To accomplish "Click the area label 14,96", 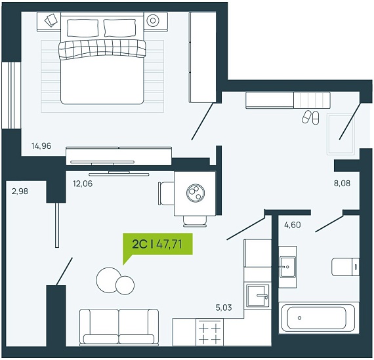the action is [41, 146].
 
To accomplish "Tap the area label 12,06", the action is [83, 184].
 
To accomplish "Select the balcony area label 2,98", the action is [20, 191].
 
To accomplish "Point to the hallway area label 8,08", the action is [342, 184].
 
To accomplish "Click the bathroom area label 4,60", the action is [293, 225].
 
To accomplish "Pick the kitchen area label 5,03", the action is [224, 308].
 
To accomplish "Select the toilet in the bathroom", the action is [345, 267].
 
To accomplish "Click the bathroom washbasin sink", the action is [287, 267].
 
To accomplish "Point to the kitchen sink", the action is [258, 296].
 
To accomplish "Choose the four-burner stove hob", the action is [210, 332].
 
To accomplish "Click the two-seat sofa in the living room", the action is [119, 327].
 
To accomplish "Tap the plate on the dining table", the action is [196, 192].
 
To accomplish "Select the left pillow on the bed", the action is [83, 28].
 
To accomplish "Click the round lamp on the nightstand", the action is [153, 21].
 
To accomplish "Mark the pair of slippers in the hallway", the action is [310, 117].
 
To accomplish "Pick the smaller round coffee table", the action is [125, 285].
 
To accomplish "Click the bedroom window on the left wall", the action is [11, 96].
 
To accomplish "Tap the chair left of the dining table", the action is [166, 193].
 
